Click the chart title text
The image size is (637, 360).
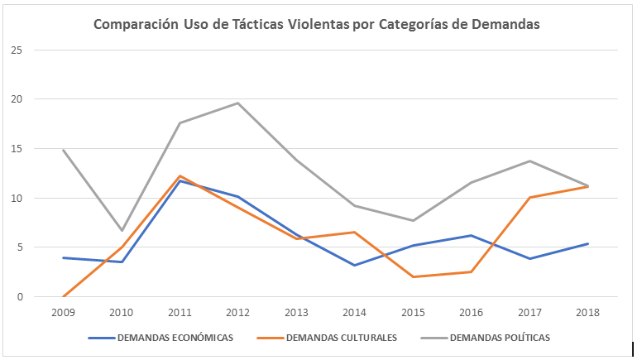[x=316, y=25]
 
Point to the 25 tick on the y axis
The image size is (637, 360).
[x=16, y=50]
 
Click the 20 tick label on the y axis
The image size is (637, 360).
[x=16, y=99]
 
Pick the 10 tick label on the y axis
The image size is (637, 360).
[x=16, y=198]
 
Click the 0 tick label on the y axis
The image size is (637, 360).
[x=18, y=296]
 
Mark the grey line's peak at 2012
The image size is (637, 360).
[x=238, y=103]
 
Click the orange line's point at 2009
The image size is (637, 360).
[x=64, y=296]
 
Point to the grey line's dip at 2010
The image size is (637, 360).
[x=122, y=230]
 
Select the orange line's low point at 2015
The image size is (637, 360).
[x=412, y=276]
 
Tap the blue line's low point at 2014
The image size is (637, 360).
[x=354, y=265]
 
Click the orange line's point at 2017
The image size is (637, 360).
[x=529, y=197]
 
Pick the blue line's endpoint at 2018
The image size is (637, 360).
[x=587, y=243]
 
